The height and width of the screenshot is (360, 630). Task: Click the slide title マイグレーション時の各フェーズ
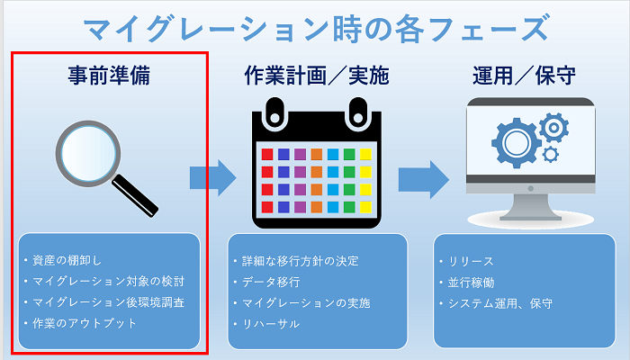pos(315,27)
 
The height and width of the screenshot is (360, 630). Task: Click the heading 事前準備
pos(108,76)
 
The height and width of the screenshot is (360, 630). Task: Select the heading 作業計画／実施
pos(317,76)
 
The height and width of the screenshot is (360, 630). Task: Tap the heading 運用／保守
pos(524,76)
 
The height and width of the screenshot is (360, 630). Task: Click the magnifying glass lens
pos(87,148)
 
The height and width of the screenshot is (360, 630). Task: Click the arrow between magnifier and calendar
pos(212,176)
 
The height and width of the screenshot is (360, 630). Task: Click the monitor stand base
pos(530,216)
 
